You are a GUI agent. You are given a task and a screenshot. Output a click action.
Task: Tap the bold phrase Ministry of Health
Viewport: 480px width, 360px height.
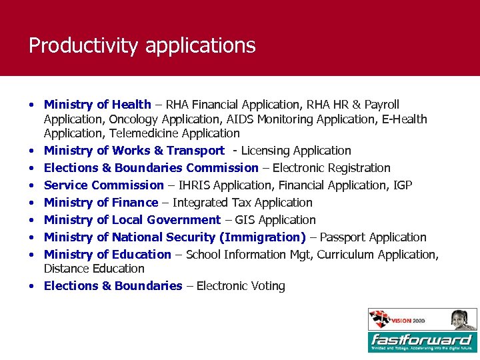(x=97, y=105)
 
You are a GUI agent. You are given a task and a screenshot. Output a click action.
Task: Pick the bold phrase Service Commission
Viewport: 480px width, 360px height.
(x=103, y=185)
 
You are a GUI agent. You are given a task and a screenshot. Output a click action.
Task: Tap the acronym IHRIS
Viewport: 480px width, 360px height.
(x=193, y=185)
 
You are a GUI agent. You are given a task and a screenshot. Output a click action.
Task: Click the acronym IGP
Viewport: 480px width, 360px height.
(x=403, y=185)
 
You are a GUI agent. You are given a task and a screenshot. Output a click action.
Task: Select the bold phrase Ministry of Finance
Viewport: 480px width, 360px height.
(x=101, y=203)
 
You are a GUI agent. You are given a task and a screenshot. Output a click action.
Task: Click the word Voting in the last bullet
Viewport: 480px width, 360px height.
(x=268, y=286)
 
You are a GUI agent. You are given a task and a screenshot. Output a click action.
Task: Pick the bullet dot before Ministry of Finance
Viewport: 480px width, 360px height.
(x=31, y=203)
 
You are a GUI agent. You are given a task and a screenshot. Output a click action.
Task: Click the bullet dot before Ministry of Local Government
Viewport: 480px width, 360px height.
(x=31, y=220)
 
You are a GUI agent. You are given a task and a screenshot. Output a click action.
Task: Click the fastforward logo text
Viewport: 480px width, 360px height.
(x=421, y=339)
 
